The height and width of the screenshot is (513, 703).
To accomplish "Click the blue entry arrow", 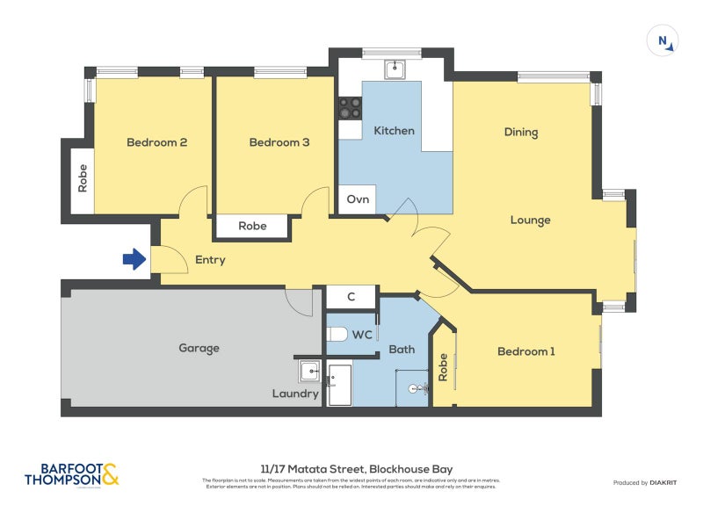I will [x=134, y=259].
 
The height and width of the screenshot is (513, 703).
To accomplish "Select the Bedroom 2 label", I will [x=156, y=142].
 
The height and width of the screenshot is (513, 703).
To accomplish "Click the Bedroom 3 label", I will [x=279, y=142].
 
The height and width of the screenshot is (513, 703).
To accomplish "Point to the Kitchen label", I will [x=394, y=131].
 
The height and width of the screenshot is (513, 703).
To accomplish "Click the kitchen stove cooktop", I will [x=350, y=107].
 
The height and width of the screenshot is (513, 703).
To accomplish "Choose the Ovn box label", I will [x=358, y=199].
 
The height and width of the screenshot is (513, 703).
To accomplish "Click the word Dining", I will [x=521, y=133].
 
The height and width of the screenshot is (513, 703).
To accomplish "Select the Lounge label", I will [x=530, y=220].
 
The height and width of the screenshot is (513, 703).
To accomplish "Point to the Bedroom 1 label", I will [x=526, y=351].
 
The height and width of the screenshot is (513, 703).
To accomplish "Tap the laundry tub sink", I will [x=309, y=372].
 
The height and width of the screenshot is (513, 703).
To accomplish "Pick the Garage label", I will [x=199, y=348].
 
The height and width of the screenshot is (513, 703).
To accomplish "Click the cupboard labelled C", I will [x=351, y=297].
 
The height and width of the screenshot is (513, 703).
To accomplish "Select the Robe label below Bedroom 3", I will [x=252, y=227].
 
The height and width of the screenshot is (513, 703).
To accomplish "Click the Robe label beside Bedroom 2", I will [x=83, y=179].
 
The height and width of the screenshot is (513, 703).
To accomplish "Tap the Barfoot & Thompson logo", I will [x=71, y=474].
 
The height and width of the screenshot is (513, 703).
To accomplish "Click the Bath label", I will [x=402, y=350].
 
